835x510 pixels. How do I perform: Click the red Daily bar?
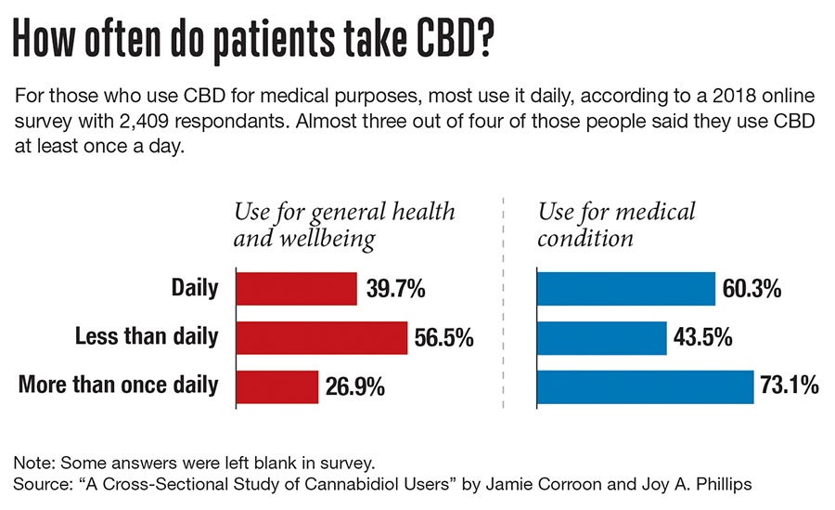tap(296, 288)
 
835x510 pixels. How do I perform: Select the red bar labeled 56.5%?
tap(322, 337)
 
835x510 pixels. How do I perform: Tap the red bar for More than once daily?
tap(277, 386)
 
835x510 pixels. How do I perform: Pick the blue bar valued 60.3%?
tap(626, 288)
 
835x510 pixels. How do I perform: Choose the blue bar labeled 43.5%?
tap(602, 337)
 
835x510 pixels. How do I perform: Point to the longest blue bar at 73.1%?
tap(646, 386)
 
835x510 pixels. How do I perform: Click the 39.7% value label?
tap(396, 289)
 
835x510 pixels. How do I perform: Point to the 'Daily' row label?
tap(195, 288)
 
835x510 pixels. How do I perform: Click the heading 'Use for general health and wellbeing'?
tap(344, 225)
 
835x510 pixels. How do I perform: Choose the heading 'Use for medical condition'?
tap(617, 225)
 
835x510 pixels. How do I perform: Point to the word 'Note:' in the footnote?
tap(34, 463)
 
